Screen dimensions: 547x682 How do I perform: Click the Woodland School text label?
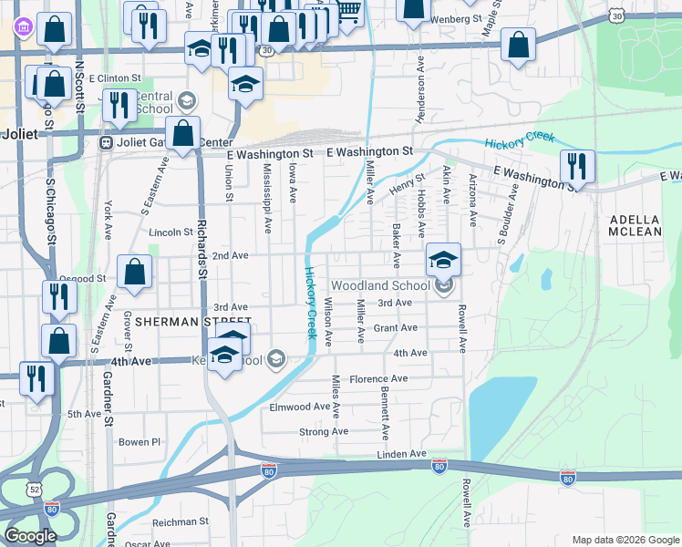pos(378,285)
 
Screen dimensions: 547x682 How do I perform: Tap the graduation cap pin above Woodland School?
pos(443,261)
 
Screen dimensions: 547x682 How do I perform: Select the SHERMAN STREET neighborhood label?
pos(192,322)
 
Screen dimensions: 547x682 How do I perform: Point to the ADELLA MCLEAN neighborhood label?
pos(635,225)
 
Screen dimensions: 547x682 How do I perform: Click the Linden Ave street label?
pos(401,453)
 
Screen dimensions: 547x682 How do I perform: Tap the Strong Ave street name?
pos(324,431)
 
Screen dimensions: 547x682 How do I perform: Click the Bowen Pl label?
pos(139,442)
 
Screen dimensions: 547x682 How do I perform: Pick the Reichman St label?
pos(181,521)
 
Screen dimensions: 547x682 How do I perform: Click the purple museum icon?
pos(21,27)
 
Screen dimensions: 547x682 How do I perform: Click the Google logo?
pos(30,536)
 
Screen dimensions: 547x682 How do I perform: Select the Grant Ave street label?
pos(395,327)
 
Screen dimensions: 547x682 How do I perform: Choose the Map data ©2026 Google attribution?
pos(625,540)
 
